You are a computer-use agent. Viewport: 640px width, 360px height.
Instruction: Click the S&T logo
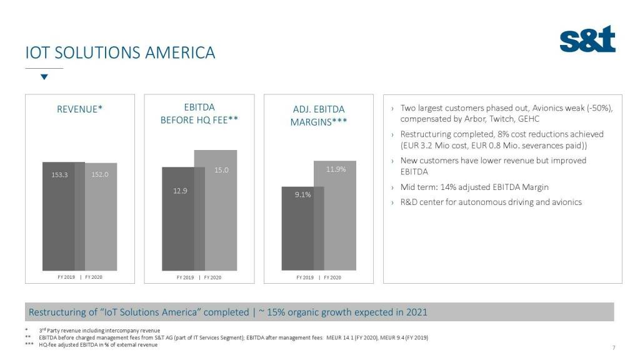pyautogui.click(x=587, y=39)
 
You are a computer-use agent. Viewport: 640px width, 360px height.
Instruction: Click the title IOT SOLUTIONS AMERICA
pyautogui.click(x=120, y=52)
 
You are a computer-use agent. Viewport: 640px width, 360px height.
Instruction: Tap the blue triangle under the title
pyautogui.click(x=44, y=77)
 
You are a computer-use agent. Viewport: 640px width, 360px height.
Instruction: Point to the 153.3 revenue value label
pyautogui.click(x=59, y=174)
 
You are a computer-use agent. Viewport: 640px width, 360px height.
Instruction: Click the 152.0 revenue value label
pyautogui.click(x=100, y=174)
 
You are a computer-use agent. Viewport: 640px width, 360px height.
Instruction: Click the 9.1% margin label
pyautogui.click(x=302, y=194)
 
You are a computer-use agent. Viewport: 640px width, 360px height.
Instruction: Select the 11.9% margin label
pyautogui.click(x=336, y=169)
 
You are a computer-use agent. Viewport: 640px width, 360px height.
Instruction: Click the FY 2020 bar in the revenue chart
pyautogui.click(x=101, y=225)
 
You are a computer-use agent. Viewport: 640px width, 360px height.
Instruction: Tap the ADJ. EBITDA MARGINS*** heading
pyautogui.click(x=318, y=116)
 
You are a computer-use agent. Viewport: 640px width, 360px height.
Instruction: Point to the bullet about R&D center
pyautogui.click(x=491, y=202)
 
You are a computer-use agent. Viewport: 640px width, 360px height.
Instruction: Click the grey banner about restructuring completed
pyautogui.click(x=319, y=312)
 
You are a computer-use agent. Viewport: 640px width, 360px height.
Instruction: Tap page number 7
pyautogui.click(x=614, y=348)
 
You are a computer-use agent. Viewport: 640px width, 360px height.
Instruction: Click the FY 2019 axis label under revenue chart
pyautogui.click(x=65, y=276)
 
